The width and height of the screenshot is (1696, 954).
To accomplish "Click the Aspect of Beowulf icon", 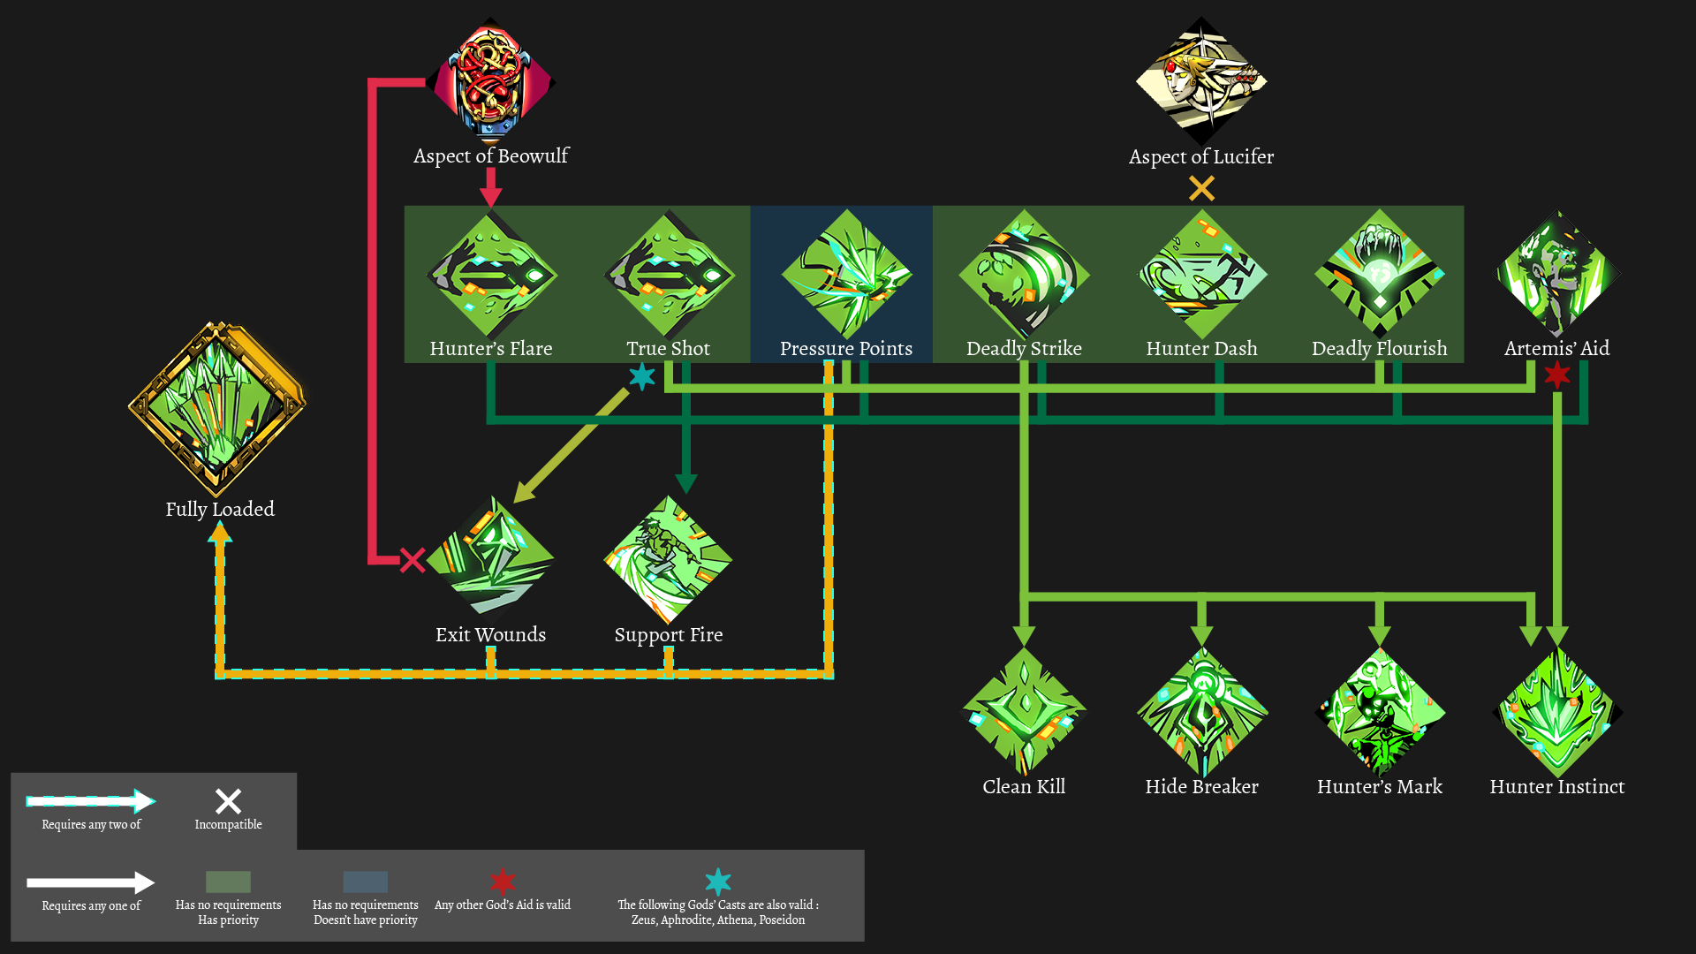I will click(x=491, y=81).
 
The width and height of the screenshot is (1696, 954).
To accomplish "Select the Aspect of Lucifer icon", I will click(x=1201, y=81).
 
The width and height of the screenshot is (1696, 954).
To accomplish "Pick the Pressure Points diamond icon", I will click(x=846, y=274).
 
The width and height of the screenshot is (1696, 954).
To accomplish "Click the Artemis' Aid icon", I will click(x=1556, y=274).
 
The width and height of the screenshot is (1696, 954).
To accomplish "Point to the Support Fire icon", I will click(x=669, y=558).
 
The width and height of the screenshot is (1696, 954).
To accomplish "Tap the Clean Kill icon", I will click(x=1024, y=712).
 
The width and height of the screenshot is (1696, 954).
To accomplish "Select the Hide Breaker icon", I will click(x=1201, y=712).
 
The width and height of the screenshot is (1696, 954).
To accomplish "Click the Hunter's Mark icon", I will click(x=1379, y=712).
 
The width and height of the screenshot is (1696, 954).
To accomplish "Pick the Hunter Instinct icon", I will click(x=1556, y=712).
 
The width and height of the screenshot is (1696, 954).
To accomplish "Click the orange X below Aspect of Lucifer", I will click(x=1201, y=188).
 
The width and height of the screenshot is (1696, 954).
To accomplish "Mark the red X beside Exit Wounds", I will click(x=413, y=560).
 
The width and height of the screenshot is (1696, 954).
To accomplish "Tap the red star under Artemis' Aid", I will click(x=1557, y=375).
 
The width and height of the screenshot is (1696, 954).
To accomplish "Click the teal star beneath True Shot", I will click(x=642, y=377).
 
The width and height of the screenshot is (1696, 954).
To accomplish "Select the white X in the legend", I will click(x=228, y=801).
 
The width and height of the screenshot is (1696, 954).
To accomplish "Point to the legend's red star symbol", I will click(x=503, y=881).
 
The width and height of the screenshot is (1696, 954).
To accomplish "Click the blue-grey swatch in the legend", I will click(x=365, y=882).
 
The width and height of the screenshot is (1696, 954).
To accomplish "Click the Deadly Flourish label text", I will click(x=1379, y=349).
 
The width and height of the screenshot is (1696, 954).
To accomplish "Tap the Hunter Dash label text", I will click(x=1201, y=349).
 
